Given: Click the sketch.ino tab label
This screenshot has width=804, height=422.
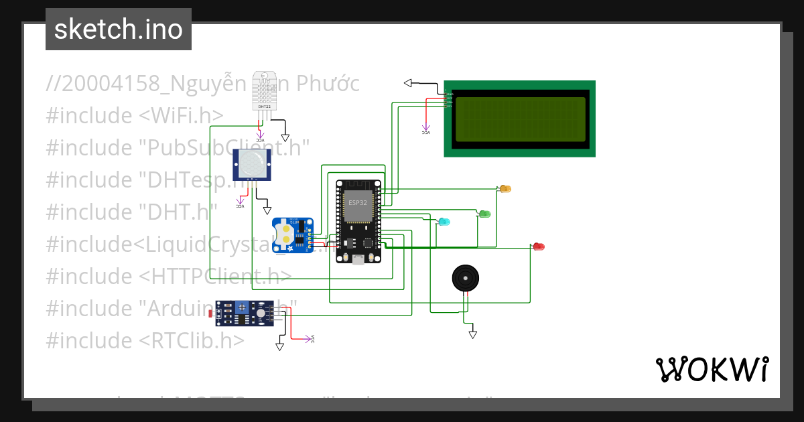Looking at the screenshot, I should pos(118,30).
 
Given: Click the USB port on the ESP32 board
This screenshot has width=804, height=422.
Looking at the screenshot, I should pos(359,259).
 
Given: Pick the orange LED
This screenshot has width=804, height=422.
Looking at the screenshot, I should pos(505,189).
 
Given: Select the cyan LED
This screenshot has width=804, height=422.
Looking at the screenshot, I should pos(444,221).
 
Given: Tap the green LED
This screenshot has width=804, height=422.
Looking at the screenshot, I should pos(485,214).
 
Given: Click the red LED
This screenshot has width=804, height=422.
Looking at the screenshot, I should pos(539,247).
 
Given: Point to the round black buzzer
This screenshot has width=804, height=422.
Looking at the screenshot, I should pos(466,277).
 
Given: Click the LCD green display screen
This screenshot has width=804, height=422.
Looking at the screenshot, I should pos(521,119).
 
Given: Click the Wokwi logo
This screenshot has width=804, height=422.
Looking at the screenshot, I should pos(712,369).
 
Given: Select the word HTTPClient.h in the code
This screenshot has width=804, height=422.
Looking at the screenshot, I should pos(215,276).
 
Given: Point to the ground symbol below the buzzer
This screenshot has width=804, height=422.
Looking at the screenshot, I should pos(472,334).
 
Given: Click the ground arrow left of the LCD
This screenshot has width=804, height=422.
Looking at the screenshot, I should pos(407,83).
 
